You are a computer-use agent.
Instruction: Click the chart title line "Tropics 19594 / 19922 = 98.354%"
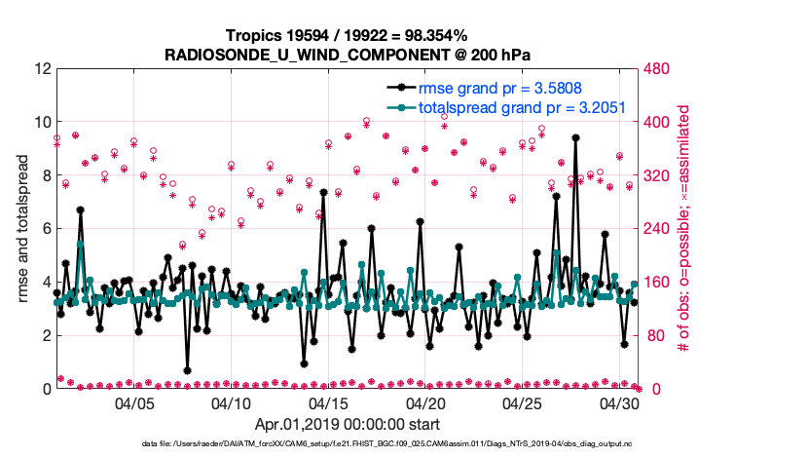click(x=346, y=35)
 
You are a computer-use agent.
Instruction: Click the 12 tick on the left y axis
click(x=40, y=69)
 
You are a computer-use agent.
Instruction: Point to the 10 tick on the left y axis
click(x=40, y=123)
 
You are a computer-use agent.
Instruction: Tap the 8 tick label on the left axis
click(x=44, y=176)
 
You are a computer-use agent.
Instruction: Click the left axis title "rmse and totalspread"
click(x=23, y=229)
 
